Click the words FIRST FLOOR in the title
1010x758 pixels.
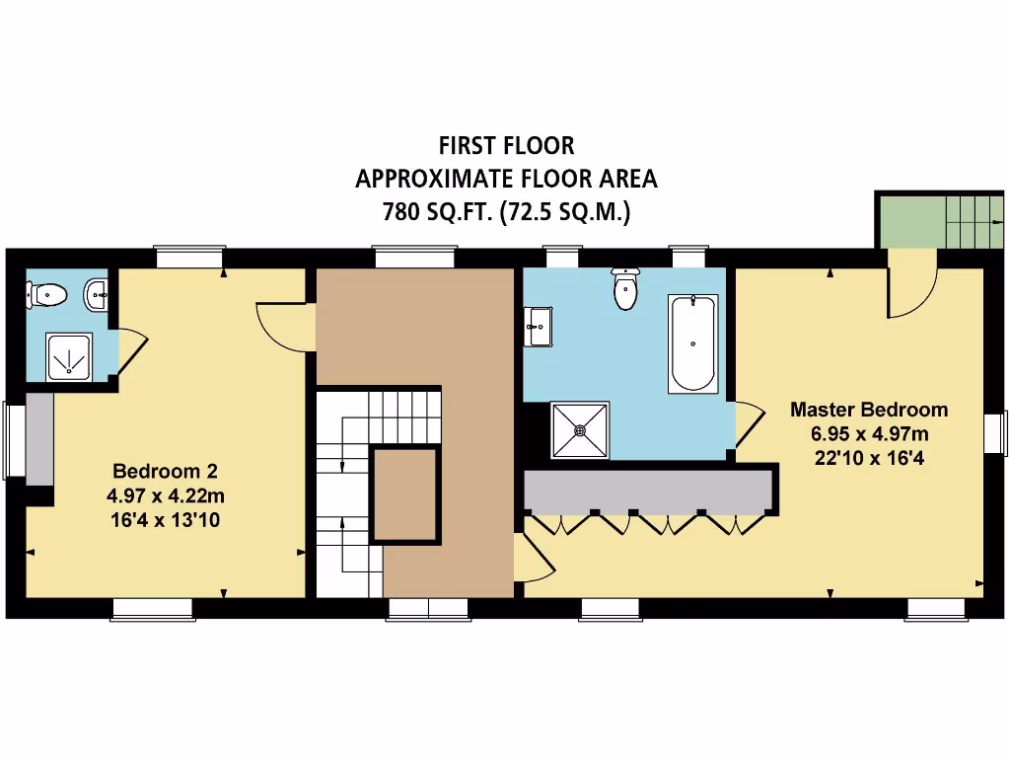[x=506, y=145]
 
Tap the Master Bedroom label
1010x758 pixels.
[x=869, y=409]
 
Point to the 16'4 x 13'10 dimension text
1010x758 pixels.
[x=165, y=517]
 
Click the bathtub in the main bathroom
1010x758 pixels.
[x=693, y=342]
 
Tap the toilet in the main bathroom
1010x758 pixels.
[x=625, y=288]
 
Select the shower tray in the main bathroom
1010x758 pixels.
[x=579, y=429]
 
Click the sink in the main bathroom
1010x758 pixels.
[x=539, y=326]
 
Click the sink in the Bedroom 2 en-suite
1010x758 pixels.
[x=96, y=293]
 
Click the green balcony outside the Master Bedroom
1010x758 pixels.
[x=909, y=221]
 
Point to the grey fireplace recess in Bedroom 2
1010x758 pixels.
[x=39, y=438]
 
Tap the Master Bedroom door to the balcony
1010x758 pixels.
[x=909, y=286]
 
